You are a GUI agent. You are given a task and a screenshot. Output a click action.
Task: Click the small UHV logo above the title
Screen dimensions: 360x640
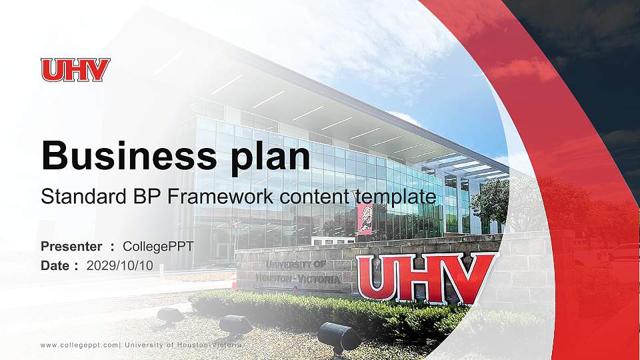(x=75, y=70)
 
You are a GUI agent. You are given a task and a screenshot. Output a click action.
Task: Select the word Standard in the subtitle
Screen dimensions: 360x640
(x=81, y=197)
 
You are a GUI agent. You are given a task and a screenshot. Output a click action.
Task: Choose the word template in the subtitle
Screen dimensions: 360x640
(x=395, y=197)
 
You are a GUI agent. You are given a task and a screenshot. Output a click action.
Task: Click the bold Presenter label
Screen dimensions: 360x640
(x=71, y=247)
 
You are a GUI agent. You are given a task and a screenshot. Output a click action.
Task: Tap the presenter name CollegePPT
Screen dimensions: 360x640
(x=159, y=247)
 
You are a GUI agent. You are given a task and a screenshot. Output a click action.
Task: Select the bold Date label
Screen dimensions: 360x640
(x=55, y=265)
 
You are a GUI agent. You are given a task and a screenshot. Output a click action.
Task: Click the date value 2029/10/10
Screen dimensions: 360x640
(x=120, y=265)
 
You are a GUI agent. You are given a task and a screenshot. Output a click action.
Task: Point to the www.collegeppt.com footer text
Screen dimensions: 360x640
(x=80, y=345)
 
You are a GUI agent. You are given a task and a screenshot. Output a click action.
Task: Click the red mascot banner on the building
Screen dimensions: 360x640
(x=365, y=219)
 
